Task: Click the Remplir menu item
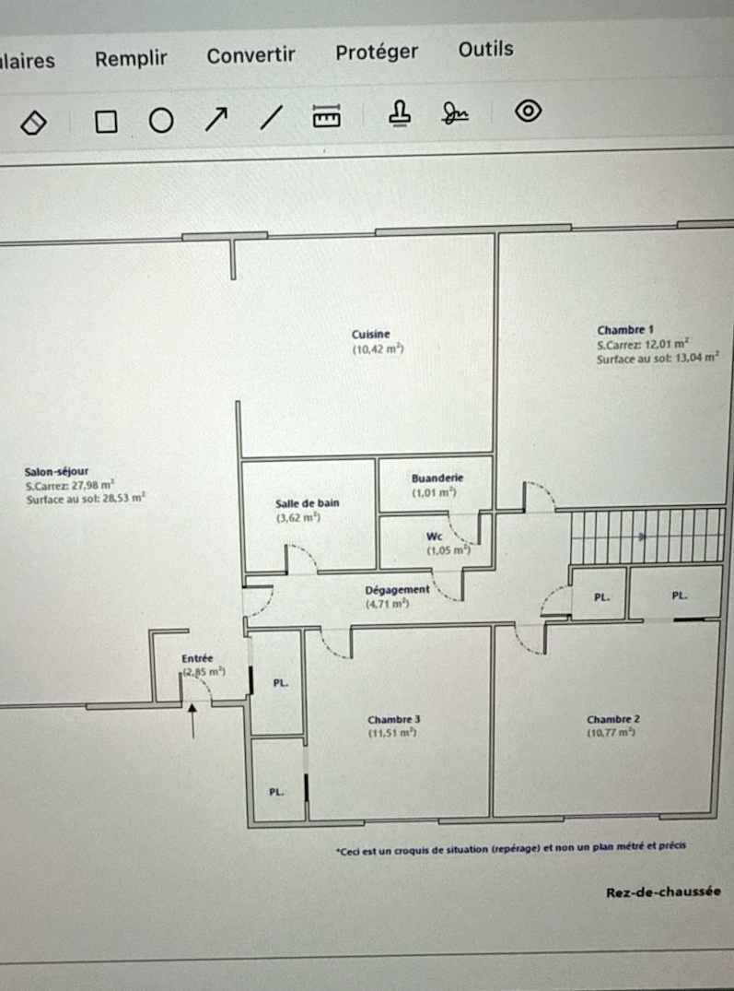pyautogui.click(x=131, y=59)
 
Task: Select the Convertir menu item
pyautogui.click(x=250, y=55)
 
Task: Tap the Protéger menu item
pyautogui.click(x=376, y=53)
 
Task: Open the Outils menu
pyautogui.click(x=485, y=49)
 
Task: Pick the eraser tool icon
pyautogui.click(x=33, y=123)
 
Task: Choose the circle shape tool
pyautogui.click(x=161, y=120)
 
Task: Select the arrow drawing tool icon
pyautogui.click(x=216, y=119)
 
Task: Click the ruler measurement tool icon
pyautogui.click(x=326, y=115)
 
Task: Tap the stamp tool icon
pyautogui.click(x=399, y=113)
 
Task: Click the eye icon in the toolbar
pyautogui.click(x=528, y=111)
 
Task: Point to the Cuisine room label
pyautogui.click(x=370, y=335)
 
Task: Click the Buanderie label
pyautogui.click(x=437, y=478)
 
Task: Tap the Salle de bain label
pyautogui.click(x=308, y=503)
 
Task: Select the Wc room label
pyautogui.click(x=434, y=537)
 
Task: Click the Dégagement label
pyautogui.click(x=397, y=590)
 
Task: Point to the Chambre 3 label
pyautogui.click(x=394, y=719)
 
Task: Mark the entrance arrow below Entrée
pyautogui.click(x=192, y=720)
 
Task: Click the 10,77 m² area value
pyautogui.click(x=611, y=733)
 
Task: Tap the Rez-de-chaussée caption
pyautogui.click(x=663, y=891)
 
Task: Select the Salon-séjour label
pyautogui.click(x=57, y=471)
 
